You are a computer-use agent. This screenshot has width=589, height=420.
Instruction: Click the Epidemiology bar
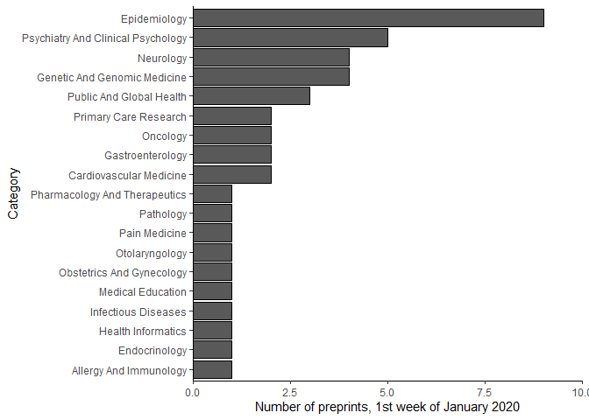[368, 18]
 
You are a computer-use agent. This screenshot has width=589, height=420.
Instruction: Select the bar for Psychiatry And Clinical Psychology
[290, 38]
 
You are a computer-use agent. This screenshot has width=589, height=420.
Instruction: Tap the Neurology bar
[271, 58]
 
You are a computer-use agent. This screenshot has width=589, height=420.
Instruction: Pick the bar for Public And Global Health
[252, 96]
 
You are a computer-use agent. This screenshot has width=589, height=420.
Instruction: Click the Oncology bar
[232, 136]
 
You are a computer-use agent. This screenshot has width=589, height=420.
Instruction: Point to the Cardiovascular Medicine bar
[232, 175]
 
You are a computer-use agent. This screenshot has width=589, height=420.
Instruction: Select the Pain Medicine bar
[212, 234]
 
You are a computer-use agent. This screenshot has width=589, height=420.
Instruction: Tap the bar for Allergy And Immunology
[212, 370]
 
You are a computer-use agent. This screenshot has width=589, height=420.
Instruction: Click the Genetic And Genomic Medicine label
[111, 77]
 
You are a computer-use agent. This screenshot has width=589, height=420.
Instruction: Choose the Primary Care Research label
[130, 116]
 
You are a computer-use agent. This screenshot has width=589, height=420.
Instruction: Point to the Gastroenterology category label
[145, 156]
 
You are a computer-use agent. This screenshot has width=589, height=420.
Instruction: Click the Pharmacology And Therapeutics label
[109, 194]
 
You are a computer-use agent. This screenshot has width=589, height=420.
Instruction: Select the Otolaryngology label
[151, 253]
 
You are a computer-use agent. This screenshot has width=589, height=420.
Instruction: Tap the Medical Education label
[143, 292]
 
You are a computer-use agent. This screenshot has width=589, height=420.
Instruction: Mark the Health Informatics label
[143, 332]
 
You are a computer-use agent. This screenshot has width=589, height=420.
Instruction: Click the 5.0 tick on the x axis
[387, 393]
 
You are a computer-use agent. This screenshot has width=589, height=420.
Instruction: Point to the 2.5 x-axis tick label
[290, 393]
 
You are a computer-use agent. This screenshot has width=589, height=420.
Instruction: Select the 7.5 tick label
[485, 393]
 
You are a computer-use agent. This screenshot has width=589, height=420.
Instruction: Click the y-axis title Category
[13, 194]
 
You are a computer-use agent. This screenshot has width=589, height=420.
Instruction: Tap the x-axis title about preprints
[387, 408]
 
